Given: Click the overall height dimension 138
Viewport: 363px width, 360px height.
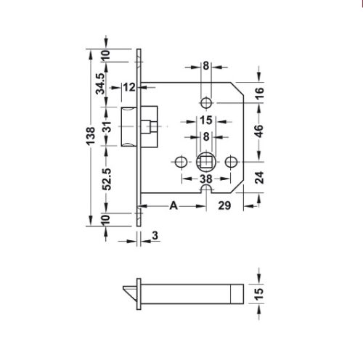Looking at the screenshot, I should coord(91,135).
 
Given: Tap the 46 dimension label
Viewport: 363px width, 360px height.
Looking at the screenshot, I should coord(259,131).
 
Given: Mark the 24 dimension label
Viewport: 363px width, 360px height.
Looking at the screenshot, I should coord(259,176).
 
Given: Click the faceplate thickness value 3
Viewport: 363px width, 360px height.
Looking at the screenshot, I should coord(155,235).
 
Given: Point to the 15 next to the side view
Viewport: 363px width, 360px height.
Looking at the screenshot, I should coord(259,294).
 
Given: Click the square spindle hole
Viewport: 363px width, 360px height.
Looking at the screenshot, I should coord(205,160).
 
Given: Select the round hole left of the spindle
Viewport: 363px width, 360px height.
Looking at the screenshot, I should coord(179,160).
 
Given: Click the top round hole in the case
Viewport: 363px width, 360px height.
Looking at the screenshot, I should coord(205,101).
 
